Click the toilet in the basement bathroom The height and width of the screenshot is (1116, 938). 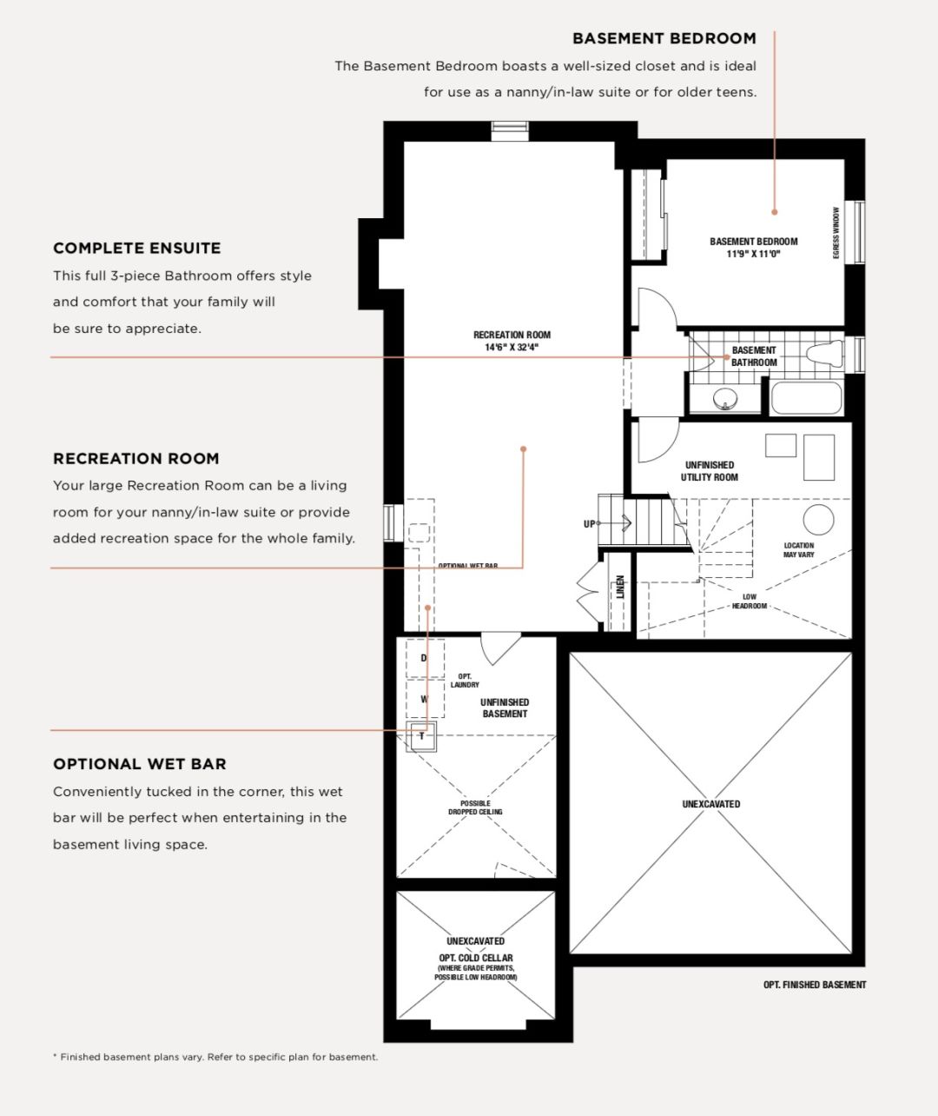[824, 353]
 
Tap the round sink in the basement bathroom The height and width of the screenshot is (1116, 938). [725, 398]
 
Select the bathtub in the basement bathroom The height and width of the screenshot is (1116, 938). [806, 398]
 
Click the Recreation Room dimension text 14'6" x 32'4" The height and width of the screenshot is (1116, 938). [512, 348]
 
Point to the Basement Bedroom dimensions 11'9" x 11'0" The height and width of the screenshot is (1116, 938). [753, 254]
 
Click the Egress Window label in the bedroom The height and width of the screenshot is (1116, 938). [836, 233]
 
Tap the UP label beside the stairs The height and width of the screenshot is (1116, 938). [589, 524]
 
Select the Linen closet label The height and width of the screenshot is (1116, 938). [620, 587]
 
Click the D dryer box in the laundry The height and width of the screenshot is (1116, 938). [425, 659]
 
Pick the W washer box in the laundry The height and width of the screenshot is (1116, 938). [425, 699]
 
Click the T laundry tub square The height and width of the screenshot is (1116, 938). [421, 736]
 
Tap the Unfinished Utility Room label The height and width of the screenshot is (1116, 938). [710, 471]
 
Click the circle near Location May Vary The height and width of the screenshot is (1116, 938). [818, 520]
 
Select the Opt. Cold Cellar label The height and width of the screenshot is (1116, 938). [476, 958]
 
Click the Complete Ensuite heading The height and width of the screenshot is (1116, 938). [136, 248]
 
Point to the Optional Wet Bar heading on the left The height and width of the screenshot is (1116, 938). [140, 764]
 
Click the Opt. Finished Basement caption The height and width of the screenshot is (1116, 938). [815, 985]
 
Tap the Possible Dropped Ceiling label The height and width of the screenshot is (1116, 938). [475, 807]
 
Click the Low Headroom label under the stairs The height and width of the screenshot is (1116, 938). [750, 601]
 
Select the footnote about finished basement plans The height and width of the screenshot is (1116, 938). [215, 1057]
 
